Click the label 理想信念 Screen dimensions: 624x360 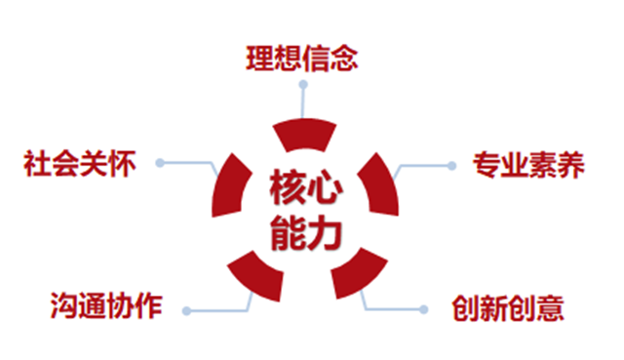click(302, 59)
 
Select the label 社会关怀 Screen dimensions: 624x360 click(80, 163)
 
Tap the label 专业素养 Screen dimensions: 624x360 click(528, 165)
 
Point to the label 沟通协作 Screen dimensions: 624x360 click(106, 305)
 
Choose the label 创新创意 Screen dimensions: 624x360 click(508, 308)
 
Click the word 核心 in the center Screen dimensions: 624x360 click(305, 187)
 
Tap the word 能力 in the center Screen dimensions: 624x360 click(305, 233)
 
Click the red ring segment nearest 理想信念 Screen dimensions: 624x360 click(304, 135)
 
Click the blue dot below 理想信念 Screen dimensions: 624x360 click(303, 85)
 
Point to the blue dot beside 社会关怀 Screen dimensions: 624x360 click(160, 163)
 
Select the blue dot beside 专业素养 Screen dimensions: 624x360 click(451, 166)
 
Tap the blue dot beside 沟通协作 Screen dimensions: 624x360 click(186, 310)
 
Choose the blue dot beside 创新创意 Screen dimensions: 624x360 click(424, 309)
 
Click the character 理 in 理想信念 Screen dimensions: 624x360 click(259, 59)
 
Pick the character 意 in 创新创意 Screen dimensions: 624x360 click(550, 308)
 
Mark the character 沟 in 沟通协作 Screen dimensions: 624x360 click(64, 305)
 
